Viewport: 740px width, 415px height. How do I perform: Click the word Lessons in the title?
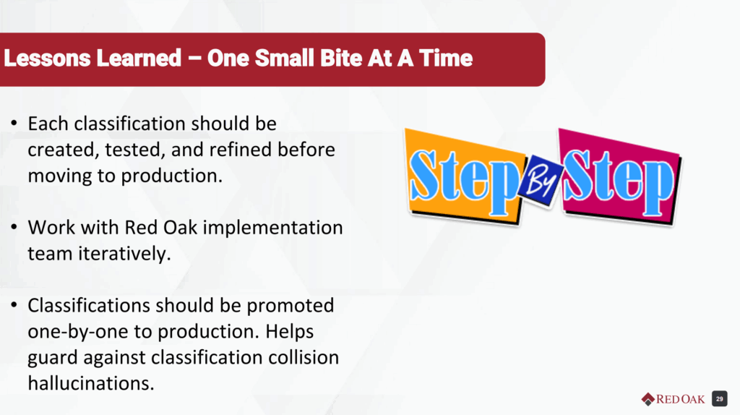47,59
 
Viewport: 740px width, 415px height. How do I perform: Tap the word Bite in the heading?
341,59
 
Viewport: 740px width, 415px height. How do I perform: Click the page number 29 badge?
719,399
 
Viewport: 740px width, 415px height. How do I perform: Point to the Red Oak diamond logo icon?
648,399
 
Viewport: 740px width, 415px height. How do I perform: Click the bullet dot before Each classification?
14,124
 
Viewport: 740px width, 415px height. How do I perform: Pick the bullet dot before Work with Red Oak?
14,228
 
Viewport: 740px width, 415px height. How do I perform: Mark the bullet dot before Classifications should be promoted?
14,306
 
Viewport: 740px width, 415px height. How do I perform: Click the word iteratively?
124,254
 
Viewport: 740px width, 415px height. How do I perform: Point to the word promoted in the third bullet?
291,307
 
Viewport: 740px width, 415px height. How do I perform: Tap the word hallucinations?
91,383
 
